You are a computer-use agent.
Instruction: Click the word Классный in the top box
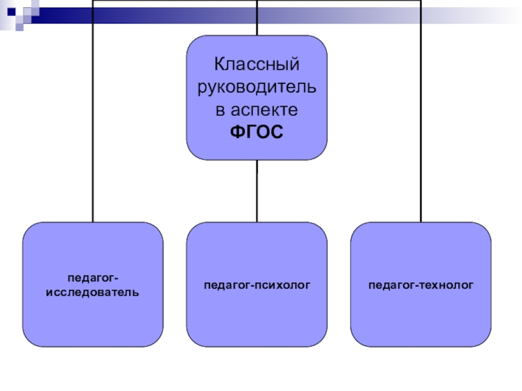pyautogui.click(x=257, y=65)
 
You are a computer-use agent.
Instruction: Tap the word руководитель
pyautogui.click(x=257, y=87)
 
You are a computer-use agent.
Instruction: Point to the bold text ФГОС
pyautogui.click(x=257, y=132)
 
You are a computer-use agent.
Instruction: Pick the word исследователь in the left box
pyautogui.click(x=93, y=294)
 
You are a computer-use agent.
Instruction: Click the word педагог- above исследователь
pyautogui.click(x=93, y=279)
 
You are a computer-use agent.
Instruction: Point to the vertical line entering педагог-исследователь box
pyautogui.click(x=93, y=130)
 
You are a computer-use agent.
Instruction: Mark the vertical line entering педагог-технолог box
pyautogui.click(x=421, y=130)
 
